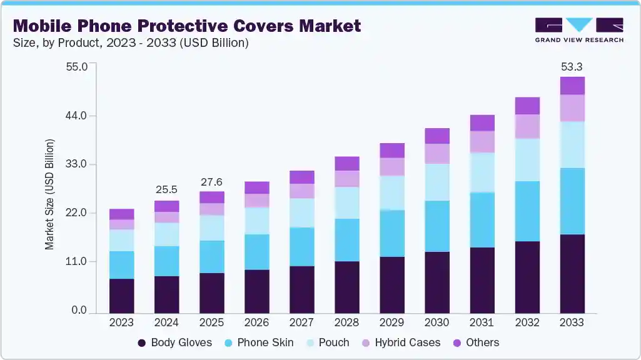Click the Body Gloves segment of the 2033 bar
click(572, 274)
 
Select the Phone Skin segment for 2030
click(437, 226)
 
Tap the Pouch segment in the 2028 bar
click(346, 202)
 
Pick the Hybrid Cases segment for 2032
click(527, 126)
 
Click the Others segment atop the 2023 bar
click(121, 214)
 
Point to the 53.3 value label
click(572, 67)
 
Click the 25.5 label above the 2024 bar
click(166, 190)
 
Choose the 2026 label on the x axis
click(256, 322)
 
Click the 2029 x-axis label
click(391, 322)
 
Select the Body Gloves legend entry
click(174, 342)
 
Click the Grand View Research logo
click(579, 30)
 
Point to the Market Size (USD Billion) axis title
click(49, 194)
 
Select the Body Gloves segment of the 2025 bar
click(211, 292)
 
